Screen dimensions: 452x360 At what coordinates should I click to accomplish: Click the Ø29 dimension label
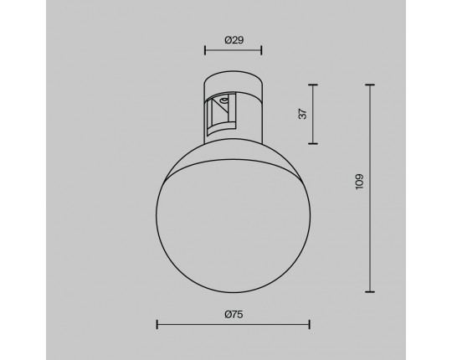click(234, 40)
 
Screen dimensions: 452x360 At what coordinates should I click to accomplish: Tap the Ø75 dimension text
click(234, 314)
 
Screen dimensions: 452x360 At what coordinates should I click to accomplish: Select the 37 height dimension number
click(303, 114)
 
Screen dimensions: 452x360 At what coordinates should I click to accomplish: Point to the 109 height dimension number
click(359, 182)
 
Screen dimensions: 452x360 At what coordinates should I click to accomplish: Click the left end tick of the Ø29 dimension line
click(205, 50)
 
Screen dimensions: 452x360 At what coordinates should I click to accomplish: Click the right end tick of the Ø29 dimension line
click(261, 50)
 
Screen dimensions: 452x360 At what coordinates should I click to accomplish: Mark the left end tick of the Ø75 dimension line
click(157, 325)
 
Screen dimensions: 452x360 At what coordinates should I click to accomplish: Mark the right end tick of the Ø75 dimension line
click(310, 325)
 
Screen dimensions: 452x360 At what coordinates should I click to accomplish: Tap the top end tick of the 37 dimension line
click(313, 85)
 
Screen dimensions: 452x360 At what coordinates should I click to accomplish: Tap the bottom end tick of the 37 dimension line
click(313, 143)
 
